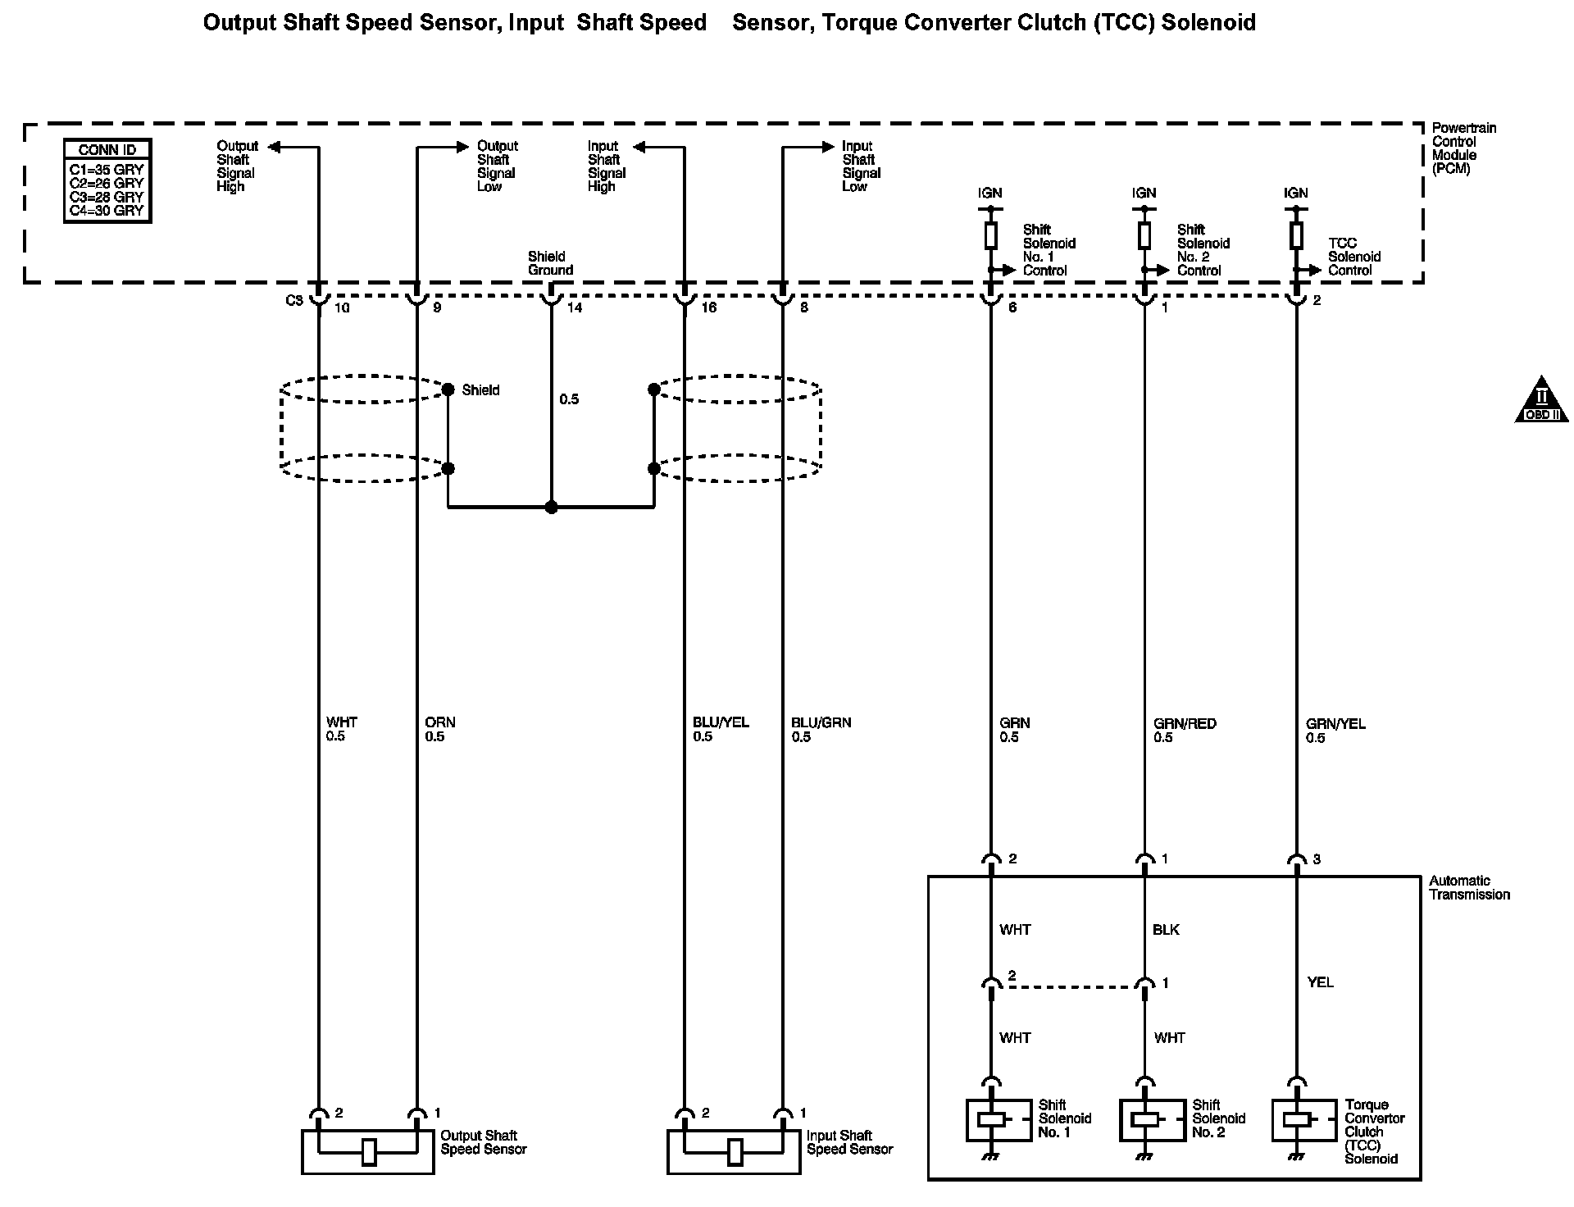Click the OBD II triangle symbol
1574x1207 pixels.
[x=1541, y=400]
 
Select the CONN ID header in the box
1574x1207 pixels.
[x=107, y=150]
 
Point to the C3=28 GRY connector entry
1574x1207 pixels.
[x=107, y=197]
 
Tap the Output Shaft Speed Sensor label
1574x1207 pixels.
[x=483, y=1142]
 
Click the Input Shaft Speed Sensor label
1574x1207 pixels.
[x=849, y=1142]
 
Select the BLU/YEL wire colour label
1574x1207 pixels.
[x=721, y=722]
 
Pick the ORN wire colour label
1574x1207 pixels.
[x=440, y=722]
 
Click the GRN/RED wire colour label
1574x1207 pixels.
[x=1185, y=723]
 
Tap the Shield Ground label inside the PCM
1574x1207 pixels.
[x=550, y=263]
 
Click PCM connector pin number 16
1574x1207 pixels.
[x=708, y=307]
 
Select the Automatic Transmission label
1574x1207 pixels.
[x=1469, y=887]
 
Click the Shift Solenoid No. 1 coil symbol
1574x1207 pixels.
[x=991, y=1118]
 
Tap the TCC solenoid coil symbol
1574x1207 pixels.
[x=1296, y=1119]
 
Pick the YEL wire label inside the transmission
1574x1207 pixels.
[x=1320, y=982]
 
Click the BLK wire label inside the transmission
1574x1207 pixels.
[x=1166, y=930]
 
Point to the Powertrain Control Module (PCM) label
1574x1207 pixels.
[x=1463, y=148]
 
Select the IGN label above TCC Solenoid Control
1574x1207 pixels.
[x=1296, y=194]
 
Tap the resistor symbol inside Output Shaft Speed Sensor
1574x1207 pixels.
[x=369, y=1152]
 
